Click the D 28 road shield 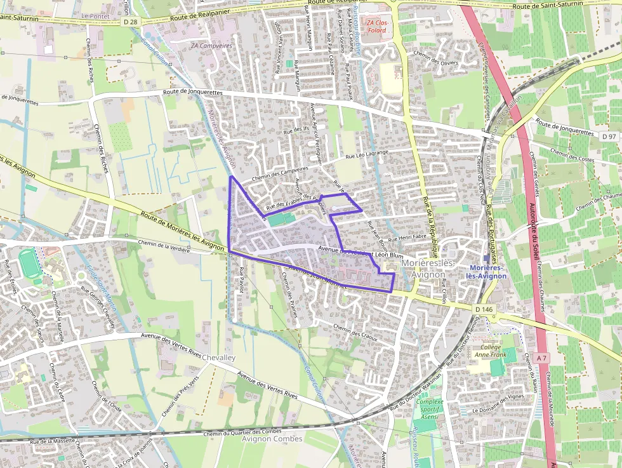tap(130, 22)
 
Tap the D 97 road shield tap(609, 137)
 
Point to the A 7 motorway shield tap(541, 358)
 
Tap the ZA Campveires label tap(212, 46)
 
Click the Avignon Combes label tap(272, 439)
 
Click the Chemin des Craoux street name tap(355, 333)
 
